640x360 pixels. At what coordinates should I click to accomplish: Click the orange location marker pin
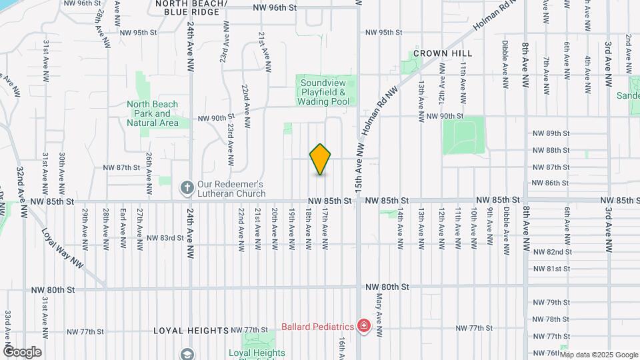[321, 159]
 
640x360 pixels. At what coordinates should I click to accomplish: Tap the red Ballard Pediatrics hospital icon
[364, 326]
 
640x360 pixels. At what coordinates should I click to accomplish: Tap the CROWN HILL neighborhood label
[442, 53]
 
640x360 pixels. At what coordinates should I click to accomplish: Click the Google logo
[22, 352]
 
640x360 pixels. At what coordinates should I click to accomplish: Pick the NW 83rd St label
[165, 237]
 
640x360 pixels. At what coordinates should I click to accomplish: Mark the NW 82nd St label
[553, 252]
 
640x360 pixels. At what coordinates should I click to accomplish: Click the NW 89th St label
[551, 133]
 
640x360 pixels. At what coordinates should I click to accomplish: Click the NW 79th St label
[551, 303]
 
